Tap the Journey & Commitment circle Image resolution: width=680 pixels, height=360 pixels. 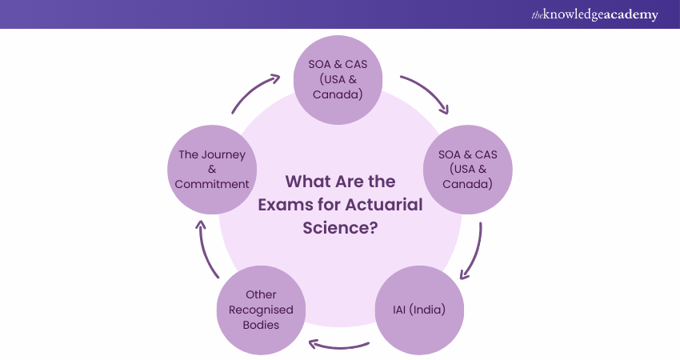(212, 169)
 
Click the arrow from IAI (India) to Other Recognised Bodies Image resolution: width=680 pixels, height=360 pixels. (340, 346)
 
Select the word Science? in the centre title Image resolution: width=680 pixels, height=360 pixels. (340, 226)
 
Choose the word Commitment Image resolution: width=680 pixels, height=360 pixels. (212, 183)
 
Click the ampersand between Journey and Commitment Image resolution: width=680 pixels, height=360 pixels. (212, 169)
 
